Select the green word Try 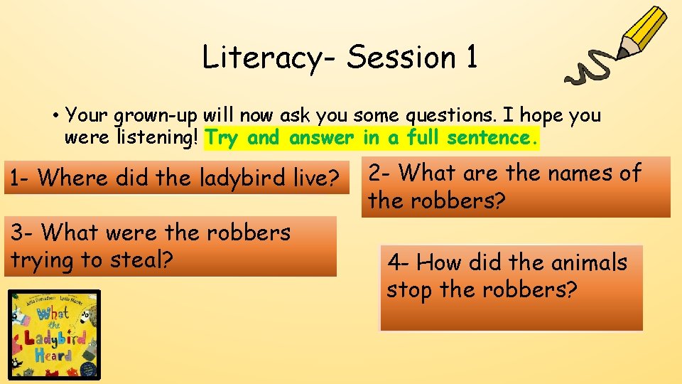click(x=222, y=138)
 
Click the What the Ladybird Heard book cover click(x=54, y=334)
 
